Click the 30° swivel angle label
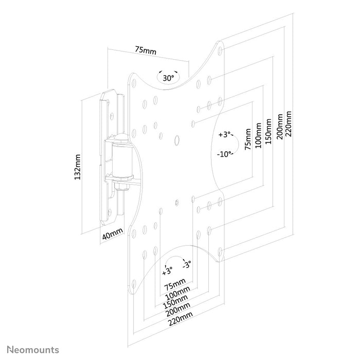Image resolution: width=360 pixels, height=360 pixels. (168, 78)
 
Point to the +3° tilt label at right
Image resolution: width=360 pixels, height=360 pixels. (225, 135)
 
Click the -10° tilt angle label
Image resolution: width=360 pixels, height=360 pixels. (225, 153)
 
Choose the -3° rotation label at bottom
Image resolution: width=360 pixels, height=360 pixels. (186, 265)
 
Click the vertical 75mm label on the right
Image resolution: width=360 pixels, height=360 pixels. (248, 140)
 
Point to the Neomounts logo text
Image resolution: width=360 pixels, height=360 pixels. (32, 350)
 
